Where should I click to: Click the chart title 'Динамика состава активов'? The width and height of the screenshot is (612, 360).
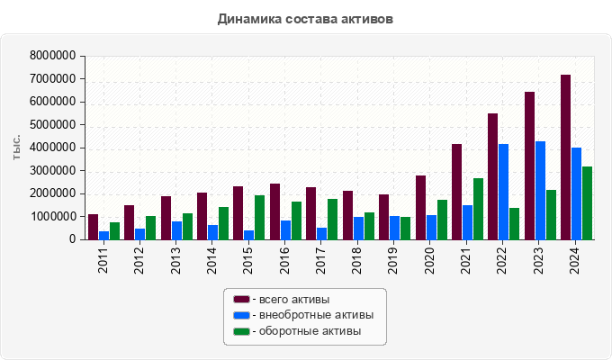point(305,19)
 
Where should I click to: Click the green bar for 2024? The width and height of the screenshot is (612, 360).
point(587,203)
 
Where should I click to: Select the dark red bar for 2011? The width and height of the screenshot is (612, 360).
point(93,227)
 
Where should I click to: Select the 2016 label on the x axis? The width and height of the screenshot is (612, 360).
point(285,261)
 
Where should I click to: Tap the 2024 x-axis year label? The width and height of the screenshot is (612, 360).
point(577,261)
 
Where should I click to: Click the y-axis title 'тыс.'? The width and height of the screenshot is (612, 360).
point(16,148)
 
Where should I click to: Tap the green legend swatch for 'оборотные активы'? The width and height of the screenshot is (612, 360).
point(241,331)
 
